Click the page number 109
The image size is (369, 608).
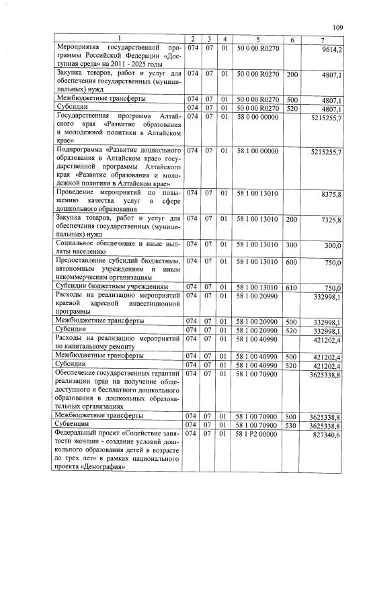point(337,28)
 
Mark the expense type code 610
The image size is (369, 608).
point(292,288)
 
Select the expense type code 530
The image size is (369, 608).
point(292,425)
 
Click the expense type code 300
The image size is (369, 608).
point(292,245)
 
